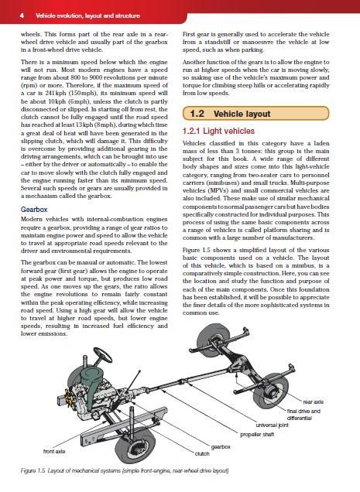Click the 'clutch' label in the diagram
[202, 454]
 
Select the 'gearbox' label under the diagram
[221, 447]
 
